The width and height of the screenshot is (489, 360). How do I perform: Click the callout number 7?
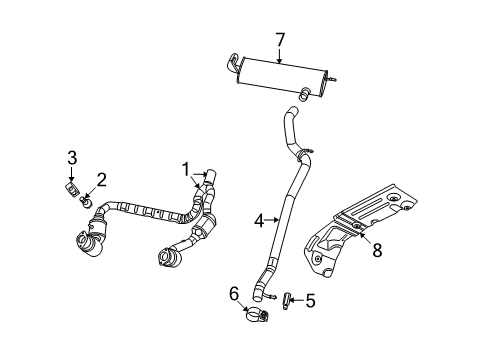[280, 40]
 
